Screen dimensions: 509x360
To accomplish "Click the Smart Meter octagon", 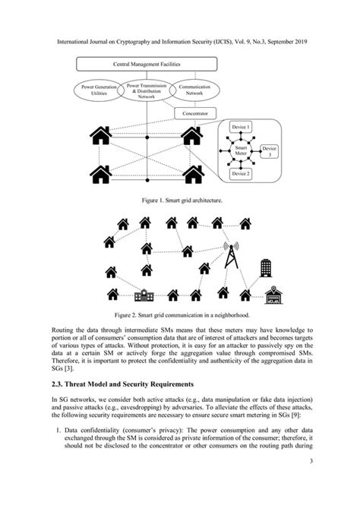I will [x=240, y=150].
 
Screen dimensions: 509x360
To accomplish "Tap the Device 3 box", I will [x=269, y=150].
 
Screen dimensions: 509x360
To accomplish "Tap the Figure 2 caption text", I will [x=180, y=314].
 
